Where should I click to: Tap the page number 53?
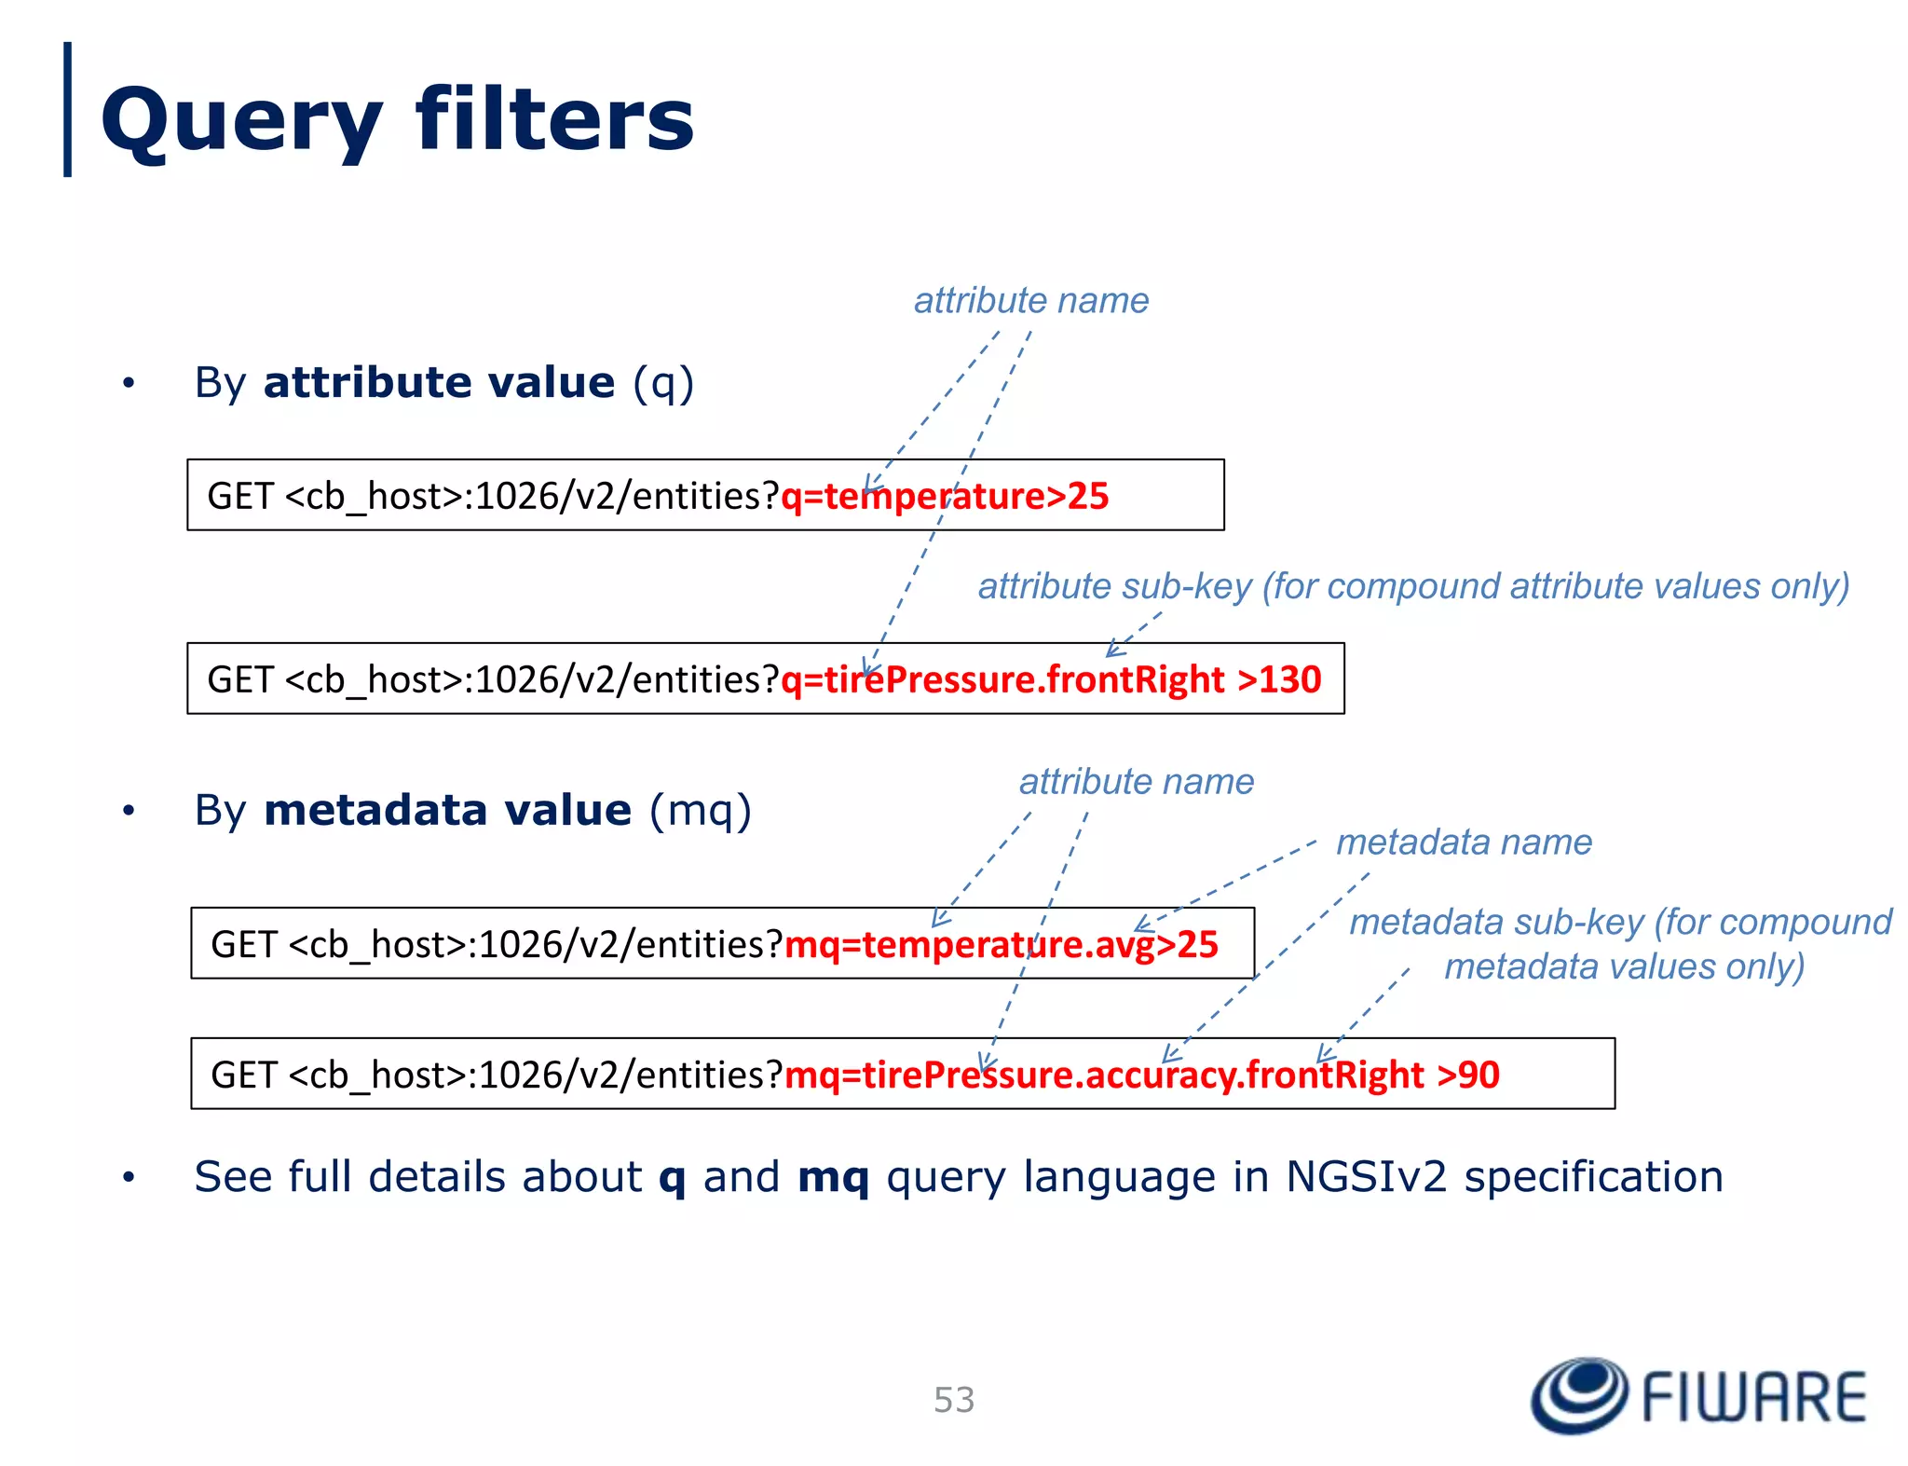click(x=954, y=1399)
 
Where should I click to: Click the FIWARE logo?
click(x=1697, y=1395)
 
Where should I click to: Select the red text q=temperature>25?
click(x=945, y=496)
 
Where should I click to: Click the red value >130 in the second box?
click(x=1279, y=679)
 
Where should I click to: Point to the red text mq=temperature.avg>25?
click(x=1002, y=944)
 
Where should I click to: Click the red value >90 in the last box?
click(x=1468, y=1075)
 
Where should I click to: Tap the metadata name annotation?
click(x=1464, y=842)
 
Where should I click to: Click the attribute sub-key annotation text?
click(x=1412, y=586)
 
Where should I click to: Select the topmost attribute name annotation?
click(x=1030, y=300)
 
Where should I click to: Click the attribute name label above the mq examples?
click(x=1136, y=781)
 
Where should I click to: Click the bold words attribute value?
click(x=439, y=382)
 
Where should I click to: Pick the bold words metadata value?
click(x=447, y=809)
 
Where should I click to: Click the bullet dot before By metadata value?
click(x=129, y=811)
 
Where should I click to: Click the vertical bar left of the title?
click(x=67, y=109)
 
